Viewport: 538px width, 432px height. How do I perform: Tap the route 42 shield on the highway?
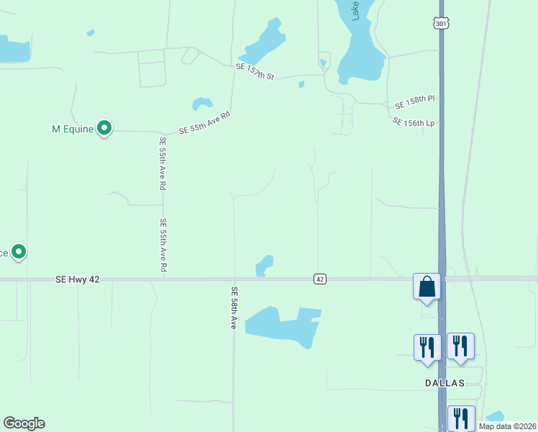coord(320,279)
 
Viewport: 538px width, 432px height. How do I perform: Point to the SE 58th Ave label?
coord(234,308)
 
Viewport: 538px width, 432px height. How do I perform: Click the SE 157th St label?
coord(255,71)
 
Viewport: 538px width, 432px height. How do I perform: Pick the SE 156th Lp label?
coord(415,122)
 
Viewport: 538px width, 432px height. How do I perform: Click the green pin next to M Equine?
coord(104,129)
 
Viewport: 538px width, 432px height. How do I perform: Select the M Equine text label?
coord(73,130)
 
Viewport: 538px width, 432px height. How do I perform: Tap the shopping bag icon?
coord(427,286)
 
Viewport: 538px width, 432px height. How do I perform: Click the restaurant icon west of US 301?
coord(427,346)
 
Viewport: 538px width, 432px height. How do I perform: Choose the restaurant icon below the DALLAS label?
coord(460,418)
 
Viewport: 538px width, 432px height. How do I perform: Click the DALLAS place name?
coord(444,383)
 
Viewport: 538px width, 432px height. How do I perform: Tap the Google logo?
coord(24,423)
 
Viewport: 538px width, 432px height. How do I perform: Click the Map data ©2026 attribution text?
coord(507,426)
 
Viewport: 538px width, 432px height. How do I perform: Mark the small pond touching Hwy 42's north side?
coord(265,264)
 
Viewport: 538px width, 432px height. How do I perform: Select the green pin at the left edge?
coord(19,252)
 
